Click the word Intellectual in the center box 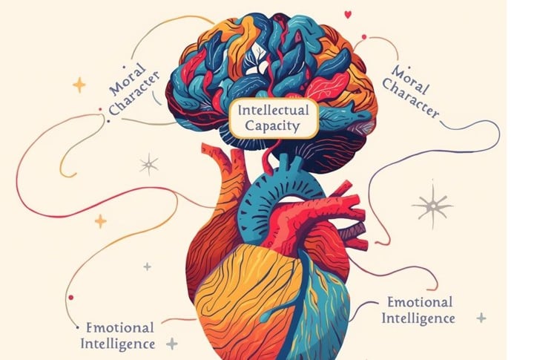(x=274, y=114)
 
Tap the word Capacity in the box (x=274, y=127)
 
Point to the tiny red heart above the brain (x=348, y=13)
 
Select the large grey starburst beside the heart (x=432, y=204)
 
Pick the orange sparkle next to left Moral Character (x=79, y=85)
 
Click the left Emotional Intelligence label (x=119, y=335)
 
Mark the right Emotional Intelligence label (x=420, y=310)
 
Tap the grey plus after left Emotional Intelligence (x=172, y=344)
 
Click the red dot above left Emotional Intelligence (x=71, y=297)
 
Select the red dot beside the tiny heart (x=363, y=36)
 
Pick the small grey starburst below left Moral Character (x=149, y=164)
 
